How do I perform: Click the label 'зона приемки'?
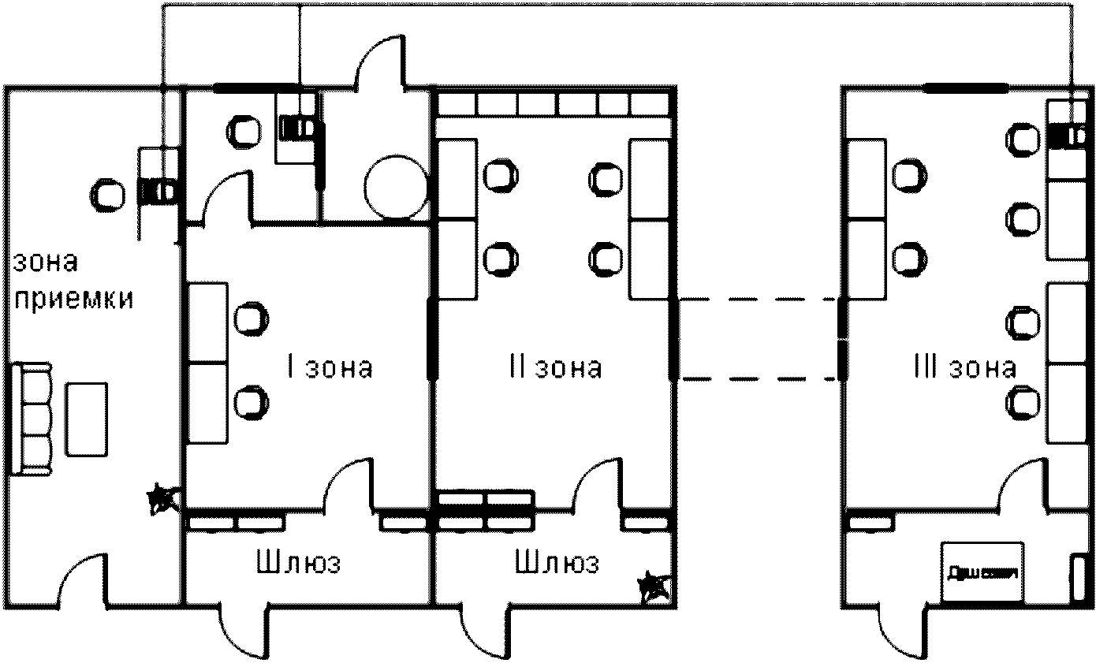71,281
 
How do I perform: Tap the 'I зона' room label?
328,368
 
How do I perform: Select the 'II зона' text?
556,368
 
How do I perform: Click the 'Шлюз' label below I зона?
299,564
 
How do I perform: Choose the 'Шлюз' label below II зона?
556,564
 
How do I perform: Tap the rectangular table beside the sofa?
88,419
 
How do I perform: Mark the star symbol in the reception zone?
164,497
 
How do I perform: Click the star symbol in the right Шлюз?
654,586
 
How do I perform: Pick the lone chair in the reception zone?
106,193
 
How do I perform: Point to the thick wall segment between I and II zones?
432,339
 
